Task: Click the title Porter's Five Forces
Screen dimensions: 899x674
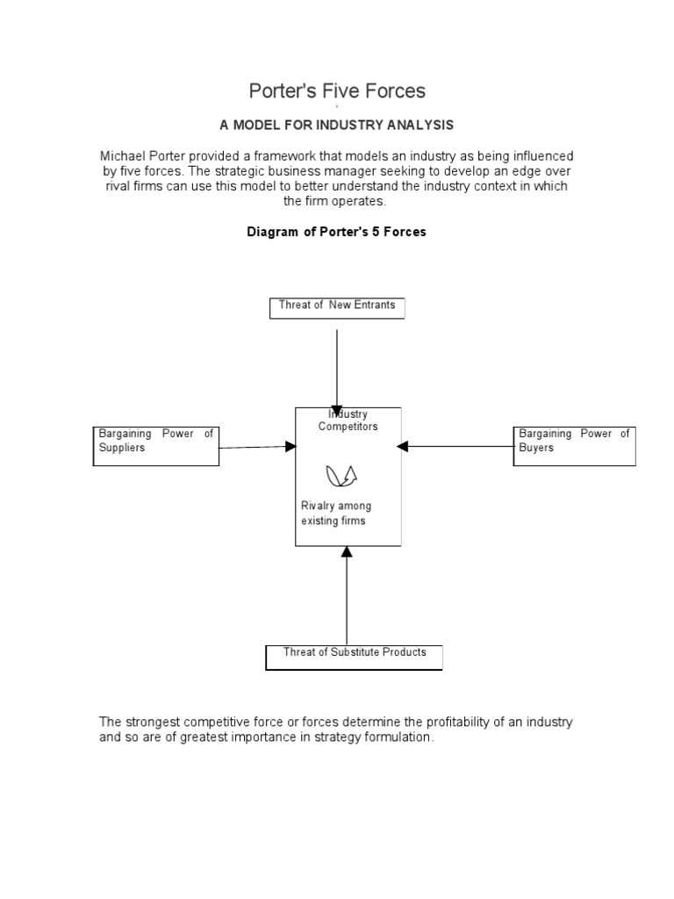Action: pos(337,90)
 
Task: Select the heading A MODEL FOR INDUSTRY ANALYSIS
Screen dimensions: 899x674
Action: pos(337,126)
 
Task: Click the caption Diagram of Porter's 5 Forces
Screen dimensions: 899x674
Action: pos(337,232)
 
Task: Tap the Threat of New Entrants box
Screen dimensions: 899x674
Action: pos(337,307)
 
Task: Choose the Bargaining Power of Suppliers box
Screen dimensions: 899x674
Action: pos(155,445)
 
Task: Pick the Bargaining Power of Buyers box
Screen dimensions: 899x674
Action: pos(574,445)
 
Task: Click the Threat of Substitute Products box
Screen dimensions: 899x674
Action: pos(354,657)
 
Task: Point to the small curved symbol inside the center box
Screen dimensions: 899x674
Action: pos(341,475)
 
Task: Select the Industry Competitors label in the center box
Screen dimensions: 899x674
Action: pos(348,421)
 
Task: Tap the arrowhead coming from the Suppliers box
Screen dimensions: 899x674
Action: pos(290,446)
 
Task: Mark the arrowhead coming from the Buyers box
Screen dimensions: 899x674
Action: pos(403,446)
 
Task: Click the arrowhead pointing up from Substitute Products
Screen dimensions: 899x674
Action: pos(347,552)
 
